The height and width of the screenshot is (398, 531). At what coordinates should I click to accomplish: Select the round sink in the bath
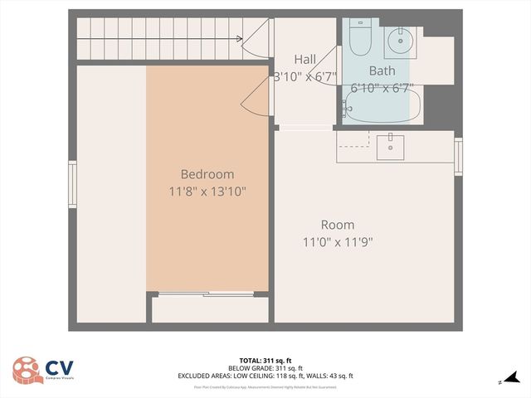(x=399, y=38)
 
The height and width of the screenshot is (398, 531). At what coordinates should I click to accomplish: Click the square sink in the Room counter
(x=390, y=147)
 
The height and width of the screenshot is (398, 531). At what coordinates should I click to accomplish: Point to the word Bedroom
(x=207, y=174)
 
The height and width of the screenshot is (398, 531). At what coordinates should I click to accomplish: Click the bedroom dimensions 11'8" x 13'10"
(x=207, y=192)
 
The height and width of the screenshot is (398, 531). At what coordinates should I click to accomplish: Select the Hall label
(x=304, y=59)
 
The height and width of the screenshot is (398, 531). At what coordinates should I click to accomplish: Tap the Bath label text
(x=382, y=70)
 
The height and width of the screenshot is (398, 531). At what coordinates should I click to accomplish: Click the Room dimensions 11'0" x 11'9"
(x=338, y=242)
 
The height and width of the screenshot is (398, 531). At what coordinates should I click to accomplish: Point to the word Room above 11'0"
(x=338, y=225)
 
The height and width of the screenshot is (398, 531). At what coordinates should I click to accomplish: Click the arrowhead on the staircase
(x=239, y=38)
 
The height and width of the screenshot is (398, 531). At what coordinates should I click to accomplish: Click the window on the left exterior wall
(x=72, y=185)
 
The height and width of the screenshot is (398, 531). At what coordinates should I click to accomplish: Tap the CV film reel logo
(x=28, y=371)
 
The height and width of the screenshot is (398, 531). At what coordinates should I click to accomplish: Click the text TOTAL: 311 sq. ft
(x=265, y=361)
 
